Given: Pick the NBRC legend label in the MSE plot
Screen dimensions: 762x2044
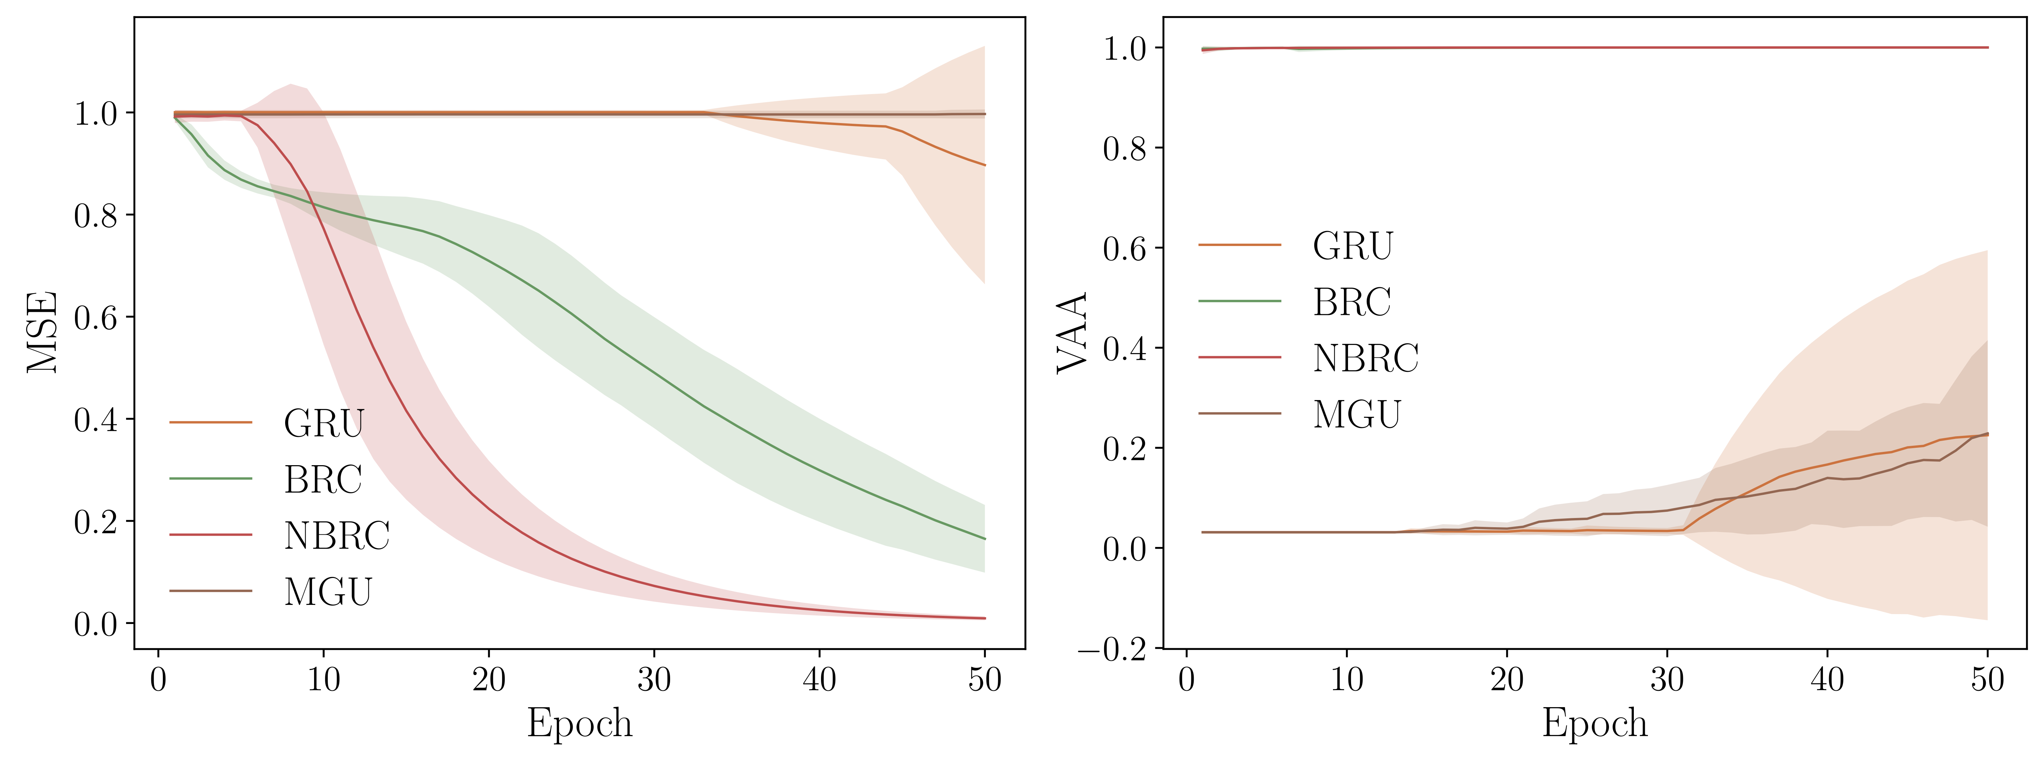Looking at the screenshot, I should [x=337, y=536].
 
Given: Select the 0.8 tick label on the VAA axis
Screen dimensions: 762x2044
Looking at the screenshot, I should [x=1124, y=149].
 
